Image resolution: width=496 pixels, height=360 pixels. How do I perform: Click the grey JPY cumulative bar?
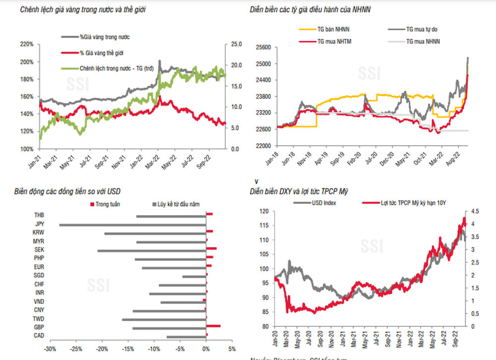(132, 225)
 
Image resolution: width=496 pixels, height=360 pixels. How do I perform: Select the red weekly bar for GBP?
(213, 326)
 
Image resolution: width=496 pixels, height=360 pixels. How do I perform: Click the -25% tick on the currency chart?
(75, 349)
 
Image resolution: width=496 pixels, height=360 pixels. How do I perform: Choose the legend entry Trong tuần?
(107, 204)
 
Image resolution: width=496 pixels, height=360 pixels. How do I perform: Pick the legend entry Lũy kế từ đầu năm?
(179, 204)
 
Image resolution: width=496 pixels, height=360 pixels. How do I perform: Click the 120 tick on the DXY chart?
(264, 211)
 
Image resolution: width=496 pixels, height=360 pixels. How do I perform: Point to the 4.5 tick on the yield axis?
(474, 211)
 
